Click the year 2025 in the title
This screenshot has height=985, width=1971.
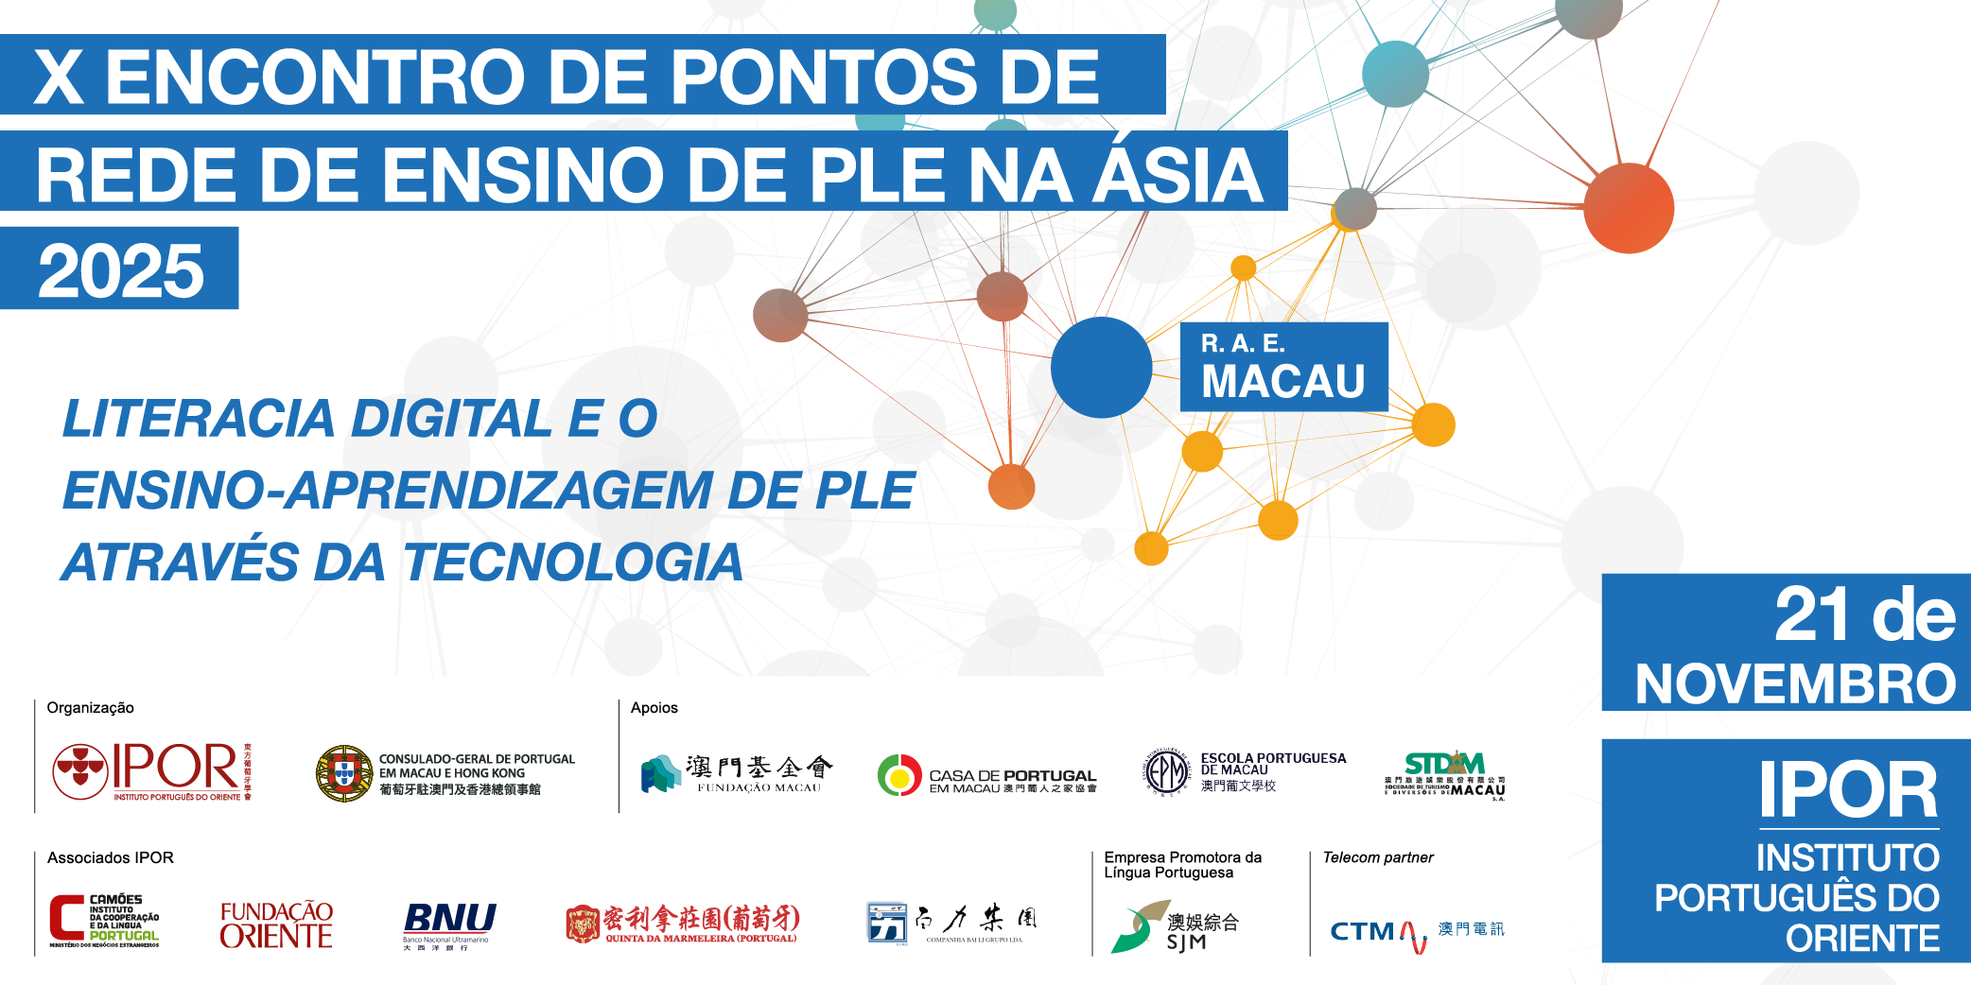[x=120, y=270]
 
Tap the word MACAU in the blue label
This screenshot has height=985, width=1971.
[x=1282, y=382]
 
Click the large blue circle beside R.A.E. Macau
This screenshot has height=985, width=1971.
[x=1101, y=367]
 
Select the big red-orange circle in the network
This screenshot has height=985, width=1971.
[x=1628, y=208]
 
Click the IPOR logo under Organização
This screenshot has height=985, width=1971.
[x=151, y=771]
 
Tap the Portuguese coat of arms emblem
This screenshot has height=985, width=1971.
[x=343, y=773]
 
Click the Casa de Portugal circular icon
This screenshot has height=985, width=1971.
[x=898, y=775]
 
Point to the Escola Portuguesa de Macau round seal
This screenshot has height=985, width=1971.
[x=1167, y=773]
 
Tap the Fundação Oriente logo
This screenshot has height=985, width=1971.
[x=276, y=925]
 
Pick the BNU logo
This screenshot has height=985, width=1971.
[x=449, y=923]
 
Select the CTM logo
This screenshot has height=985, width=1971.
[x=1416, y=932]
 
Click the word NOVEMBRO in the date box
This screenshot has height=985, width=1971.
[x=1795, y=683]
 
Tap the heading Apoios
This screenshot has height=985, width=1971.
[x=654, y=707]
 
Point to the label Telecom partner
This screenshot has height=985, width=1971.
[x=1377, y=857]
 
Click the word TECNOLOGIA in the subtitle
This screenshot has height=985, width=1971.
[x=573, y=562]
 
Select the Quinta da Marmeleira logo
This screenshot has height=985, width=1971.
[x=682, y=924]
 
